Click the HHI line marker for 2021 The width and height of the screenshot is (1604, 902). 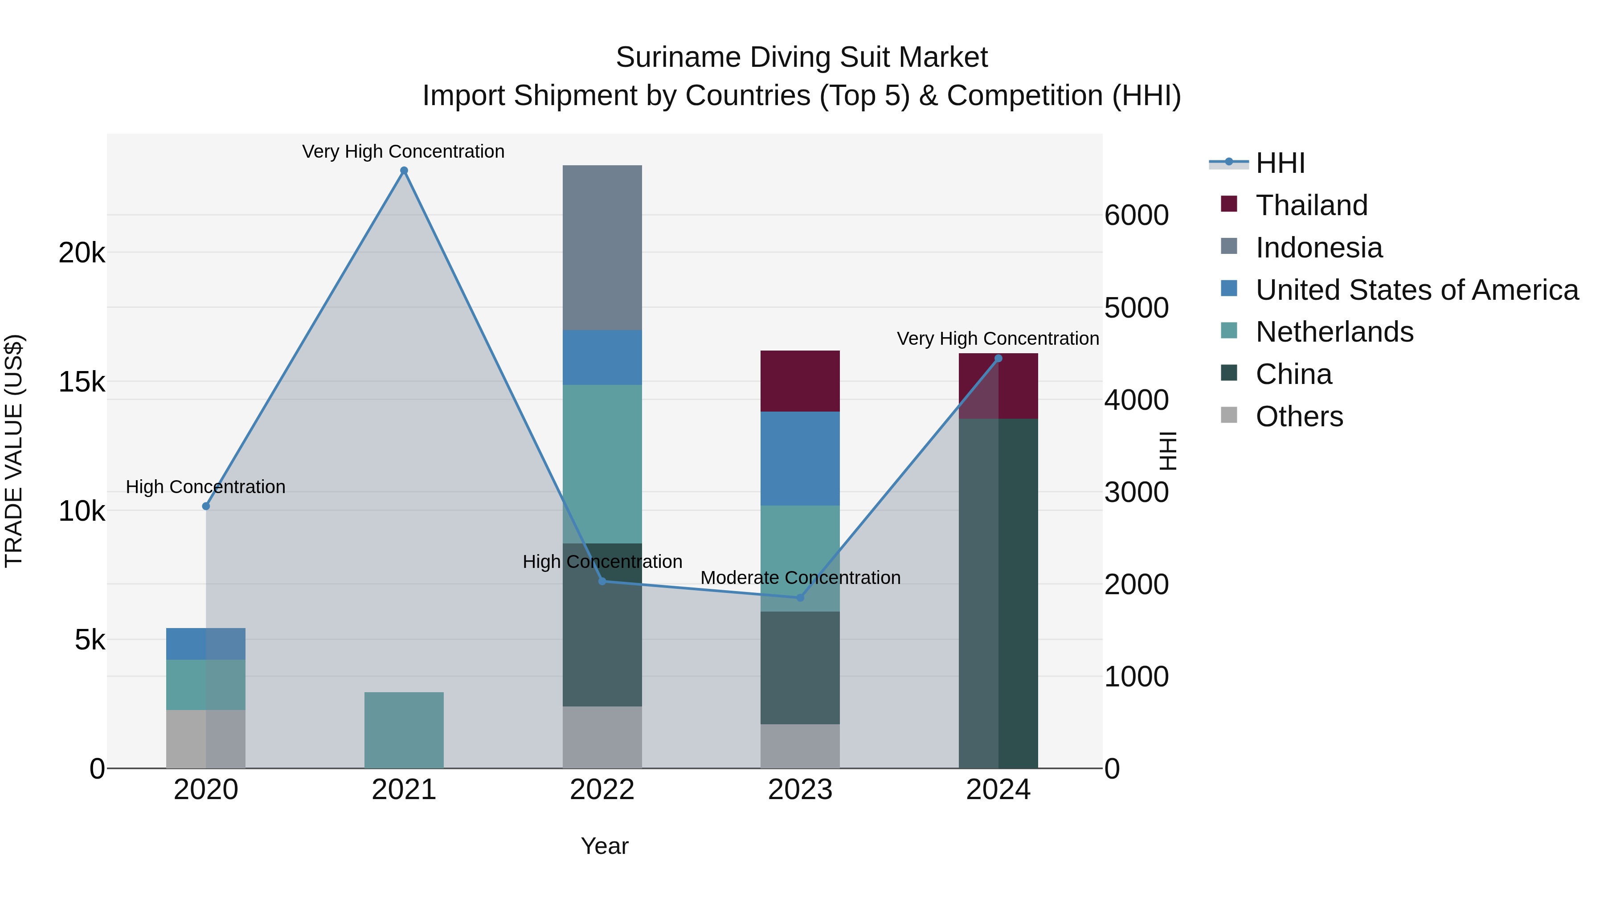[404, 171]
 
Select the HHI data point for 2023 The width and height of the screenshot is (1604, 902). [800, 598]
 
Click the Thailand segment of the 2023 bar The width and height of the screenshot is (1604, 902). [800, 381]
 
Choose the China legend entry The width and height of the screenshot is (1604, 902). [1293, 374]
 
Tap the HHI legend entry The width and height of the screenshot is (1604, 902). [1280, 163]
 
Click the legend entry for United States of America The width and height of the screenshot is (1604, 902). [1416, 290]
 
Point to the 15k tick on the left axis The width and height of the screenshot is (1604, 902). [82, 382]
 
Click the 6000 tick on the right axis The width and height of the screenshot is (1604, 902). [1136, 216]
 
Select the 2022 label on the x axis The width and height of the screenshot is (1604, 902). [602, 790]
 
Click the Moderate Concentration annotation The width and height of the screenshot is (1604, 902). [800, 578]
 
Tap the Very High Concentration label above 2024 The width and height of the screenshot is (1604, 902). [998, 339]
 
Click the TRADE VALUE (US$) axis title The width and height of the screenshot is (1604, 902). [14, 451]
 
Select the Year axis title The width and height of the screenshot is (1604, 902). [605, 846]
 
